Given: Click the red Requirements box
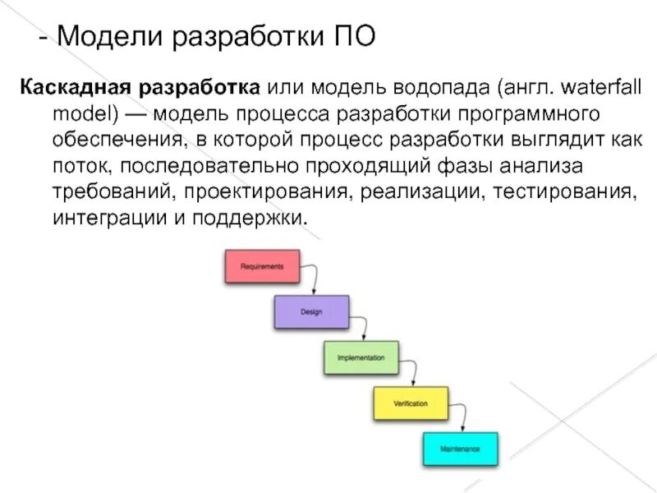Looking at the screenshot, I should pos(262,267).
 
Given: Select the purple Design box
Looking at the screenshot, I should pos(310,312).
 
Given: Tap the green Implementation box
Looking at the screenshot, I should pos(361,358).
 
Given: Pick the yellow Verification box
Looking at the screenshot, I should pos(411,404).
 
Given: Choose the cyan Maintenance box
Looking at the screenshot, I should pos(460,449).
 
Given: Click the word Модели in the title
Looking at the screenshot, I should pos(105,37).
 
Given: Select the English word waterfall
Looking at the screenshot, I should pos(604,86).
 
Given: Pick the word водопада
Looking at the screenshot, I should pos(416,86).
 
